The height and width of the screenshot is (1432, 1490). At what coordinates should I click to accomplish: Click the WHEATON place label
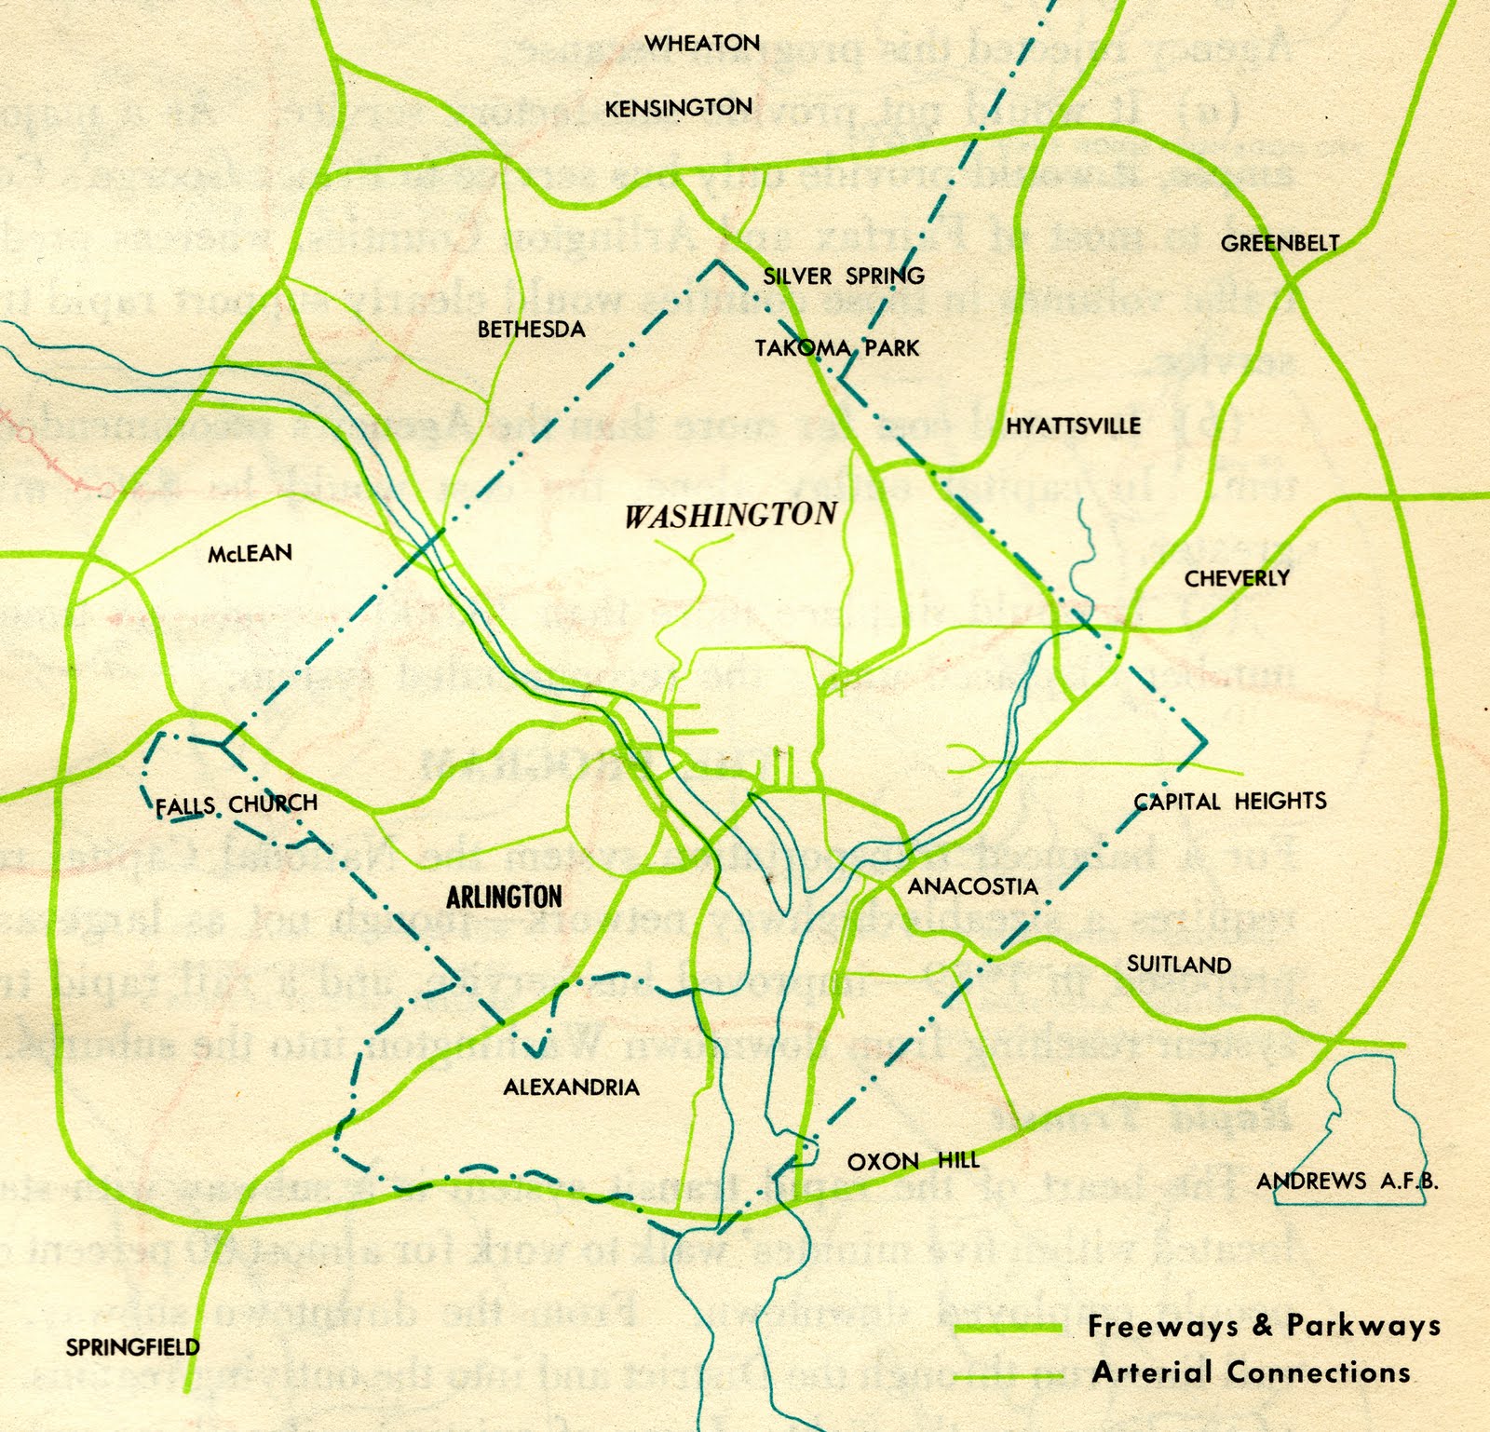(702, 43)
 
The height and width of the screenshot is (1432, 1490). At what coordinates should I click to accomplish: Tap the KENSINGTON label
(678, 108)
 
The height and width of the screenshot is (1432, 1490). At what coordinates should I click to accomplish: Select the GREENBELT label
(1280, 244)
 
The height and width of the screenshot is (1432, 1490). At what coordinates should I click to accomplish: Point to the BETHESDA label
(531, 329)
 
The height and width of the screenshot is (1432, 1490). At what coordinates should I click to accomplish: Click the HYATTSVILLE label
(1073, 426)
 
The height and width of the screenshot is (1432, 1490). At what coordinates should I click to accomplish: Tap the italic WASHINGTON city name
(730, 515)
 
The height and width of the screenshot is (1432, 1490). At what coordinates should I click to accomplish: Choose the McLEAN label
(250, 553)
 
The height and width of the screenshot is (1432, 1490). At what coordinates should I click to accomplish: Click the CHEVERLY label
(1237, 578)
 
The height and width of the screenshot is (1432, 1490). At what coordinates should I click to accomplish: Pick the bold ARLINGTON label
(504, 897)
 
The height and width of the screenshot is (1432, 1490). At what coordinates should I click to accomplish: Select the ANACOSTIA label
(972, 886)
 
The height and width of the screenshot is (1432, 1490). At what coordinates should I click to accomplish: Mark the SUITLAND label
(1179, 965)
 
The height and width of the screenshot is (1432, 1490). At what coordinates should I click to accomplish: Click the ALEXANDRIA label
(571, 1087)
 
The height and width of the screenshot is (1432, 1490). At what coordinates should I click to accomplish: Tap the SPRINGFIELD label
(132, 1346)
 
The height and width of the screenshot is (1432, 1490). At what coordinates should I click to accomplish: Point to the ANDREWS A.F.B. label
(1347, 1182)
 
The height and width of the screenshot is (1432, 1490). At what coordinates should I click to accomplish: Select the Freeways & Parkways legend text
(1264, 1326)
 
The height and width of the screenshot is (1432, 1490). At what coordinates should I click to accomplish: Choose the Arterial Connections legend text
(1251, 1371)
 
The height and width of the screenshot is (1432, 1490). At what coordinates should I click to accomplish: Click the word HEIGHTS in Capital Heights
(1280, 801)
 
